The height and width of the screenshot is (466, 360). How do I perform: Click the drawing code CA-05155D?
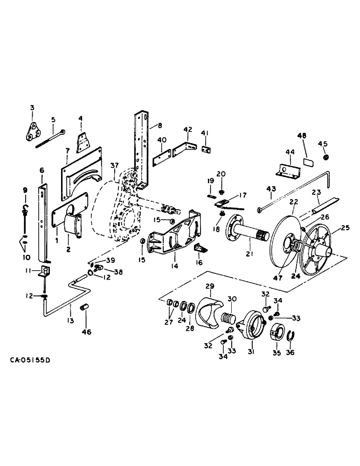pos(31,361)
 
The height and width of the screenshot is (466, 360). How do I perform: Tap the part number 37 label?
pos(115,166)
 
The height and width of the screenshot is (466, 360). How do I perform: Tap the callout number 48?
pos(302,136)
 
